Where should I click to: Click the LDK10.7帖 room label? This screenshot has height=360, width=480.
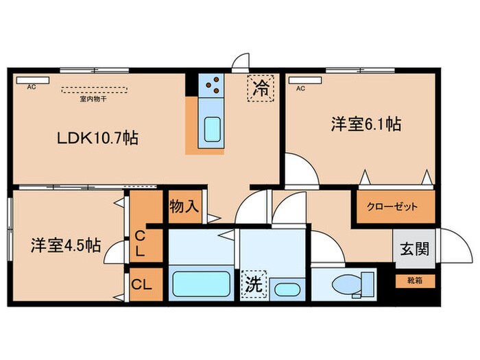click(97, 138)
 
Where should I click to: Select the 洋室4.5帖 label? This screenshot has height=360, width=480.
click(65, 245)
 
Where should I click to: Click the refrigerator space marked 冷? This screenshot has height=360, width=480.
click(261, 88)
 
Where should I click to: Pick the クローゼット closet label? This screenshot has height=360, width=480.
click(394, 206)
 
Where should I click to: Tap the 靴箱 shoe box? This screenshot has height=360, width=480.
click(416, 280)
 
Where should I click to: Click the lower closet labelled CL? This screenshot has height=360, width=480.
click(142, 284)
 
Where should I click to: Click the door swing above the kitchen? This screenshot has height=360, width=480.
click(239, 64)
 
